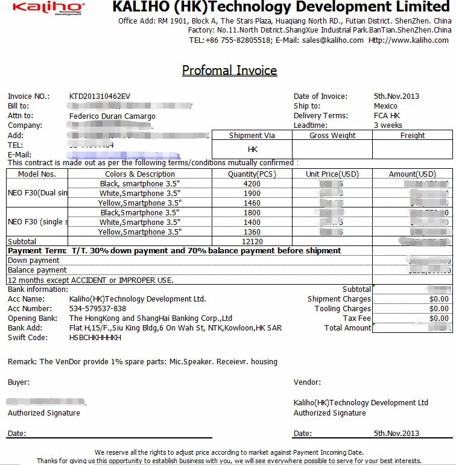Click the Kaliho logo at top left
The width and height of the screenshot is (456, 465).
[49, 8]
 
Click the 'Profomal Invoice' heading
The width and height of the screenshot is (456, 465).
[229, 71]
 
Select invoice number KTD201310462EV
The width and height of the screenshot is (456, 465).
[100, 96]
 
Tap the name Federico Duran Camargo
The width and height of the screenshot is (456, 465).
[112, 116]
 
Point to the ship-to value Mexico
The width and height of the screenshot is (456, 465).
[385, 106]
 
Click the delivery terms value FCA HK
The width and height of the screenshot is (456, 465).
[387, 116]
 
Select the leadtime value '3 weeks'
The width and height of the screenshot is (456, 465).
[388, 125]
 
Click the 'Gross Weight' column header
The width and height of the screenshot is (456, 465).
[332, 136]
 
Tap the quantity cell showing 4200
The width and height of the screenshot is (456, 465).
[252, 184]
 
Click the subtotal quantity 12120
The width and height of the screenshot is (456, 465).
[252, 241]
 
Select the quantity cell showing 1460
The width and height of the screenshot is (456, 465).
[252, 203]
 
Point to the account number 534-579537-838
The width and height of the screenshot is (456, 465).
[98, 309]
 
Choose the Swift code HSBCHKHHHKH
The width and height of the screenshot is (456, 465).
[95, 338]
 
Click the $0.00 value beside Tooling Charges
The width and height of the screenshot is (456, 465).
[439, 309]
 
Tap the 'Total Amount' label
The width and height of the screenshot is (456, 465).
[347, 328]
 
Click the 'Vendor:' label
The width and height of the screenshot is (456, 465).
[307, 382]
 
